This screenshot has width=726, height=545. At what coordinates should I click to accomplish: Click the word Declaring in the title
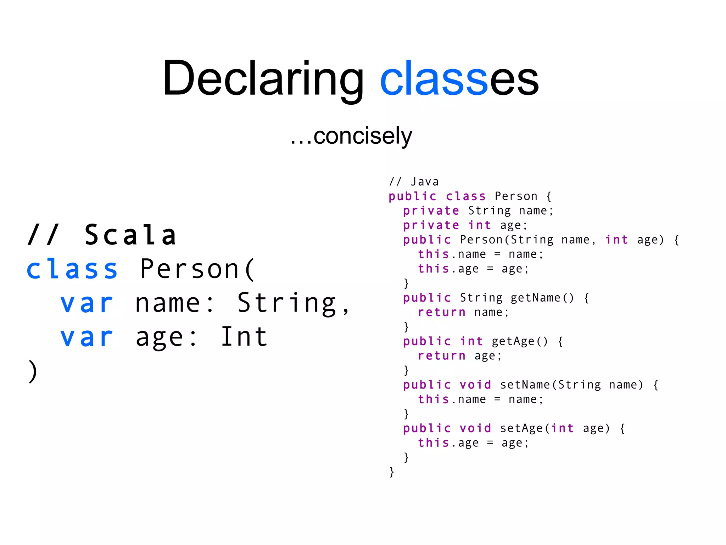pos(263,79)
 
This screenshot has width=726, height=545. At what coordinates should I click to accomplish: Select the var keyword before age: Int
pos(86,337)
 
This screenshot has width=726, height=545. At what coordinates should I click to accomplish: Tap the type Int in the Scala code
pos(244,337)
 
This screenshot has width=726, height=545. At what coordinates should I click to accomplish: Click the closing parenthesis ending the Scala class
pos(33,371)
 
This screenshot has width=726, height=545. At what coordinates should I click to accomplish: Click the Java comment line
pos(414,182)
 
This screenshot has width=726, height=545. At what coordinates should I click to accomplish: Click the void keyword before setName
pos(475,385)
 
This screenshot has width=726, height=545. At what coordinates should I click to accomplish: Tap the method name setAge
pos(521,428)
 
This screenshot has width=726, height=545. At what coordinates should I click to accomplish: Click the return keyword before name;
pos(442,312)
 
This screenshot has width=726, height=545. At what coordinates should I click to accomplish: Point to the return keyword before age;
pos(442,356)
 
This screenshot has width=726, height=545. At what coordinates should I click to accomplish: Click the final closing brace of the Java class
pos(392,472)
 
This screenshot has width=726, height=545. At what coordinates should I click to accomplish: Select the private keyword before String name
pos(431,211)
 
